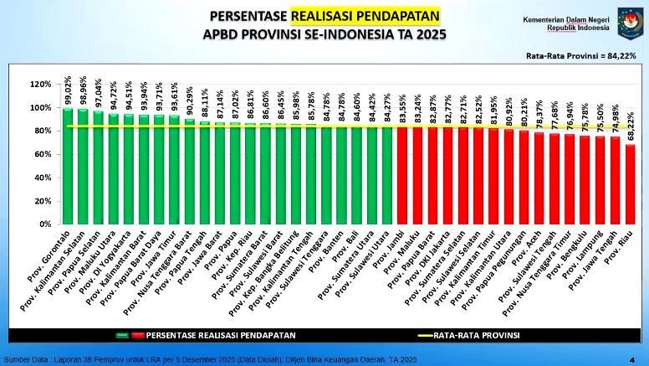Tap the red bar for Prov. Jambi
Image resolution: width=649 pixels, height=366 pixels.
402,175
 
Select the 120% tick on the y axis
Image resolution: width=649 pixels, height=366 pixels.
40,85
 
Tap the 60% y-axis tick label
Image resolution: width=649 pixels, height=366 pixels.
43,154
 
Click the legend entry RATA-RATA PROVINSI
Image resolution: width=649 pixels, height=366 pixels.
477,334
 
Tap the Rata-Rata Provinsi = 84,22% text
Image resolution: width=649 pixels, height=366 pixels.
580,55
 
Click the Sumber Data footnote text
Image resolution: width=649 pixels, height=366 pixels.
209,359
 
